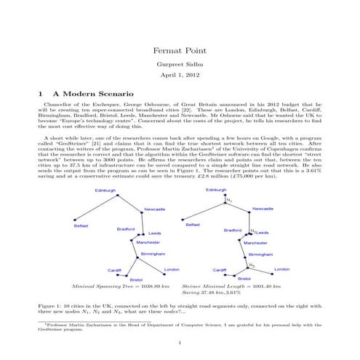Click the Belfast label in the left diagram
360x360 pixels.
coord(81,226)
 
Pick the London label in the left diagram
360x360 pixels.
coord(172,269)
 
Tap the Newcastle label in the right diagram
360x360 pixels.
coord(263,209)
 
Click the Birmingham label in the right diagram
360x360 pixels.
coord(260,254)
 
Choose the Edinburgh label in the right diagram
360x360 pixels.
coord(217,190)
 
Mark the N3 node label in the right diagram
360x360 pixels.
coord(252,265)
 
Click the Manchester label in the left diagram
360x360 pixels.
coord(148,242)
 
